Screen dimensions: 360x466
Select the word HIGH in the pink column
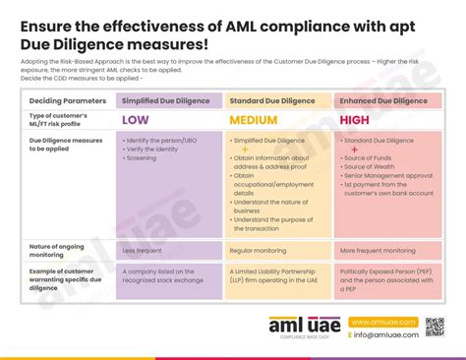(x=354, y=120)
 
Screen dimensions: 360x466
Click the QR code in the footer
(x=435, y=326)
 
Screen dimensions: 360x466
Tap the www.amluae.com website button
(x=382, y=322)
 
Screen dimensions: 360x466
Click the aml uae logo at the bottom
(x=304, y=328)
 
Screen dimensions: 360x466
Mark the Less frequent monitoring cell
(x=143, y=251)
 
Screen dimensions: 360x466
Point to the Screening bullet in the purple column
(x=143, y=158)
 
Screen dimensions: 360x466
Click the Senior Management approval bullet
(x=386, y=176)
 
